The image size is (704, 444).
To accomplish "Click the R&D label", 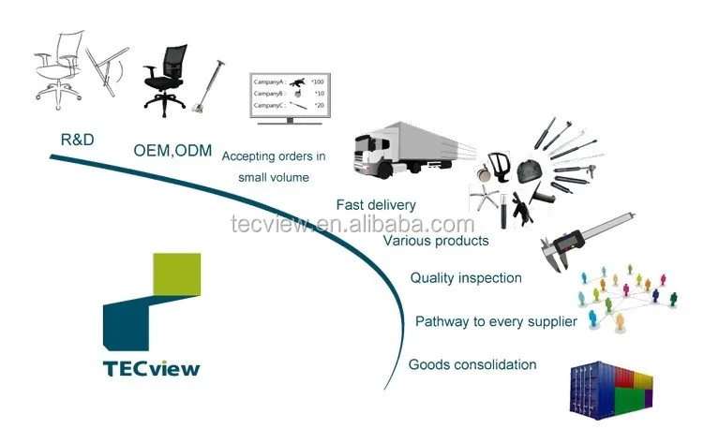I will pos(77,141).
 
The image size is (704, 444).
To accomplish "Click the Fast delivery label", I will pos(376,205).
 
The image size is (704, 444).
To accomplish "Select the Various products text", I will pos(436,241).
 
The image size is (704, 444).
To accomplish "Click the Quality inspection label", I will pos(466,277).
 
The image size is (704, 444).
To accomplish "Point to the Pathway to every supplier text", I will pos(496,321).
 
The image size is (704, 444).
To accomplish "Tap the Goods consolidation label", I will pos(472,364).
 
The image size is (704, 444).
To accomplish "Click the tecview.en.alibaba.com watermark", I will pos(352,225).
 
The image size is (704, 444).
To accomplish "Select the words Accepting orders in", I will pos(274,155).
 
